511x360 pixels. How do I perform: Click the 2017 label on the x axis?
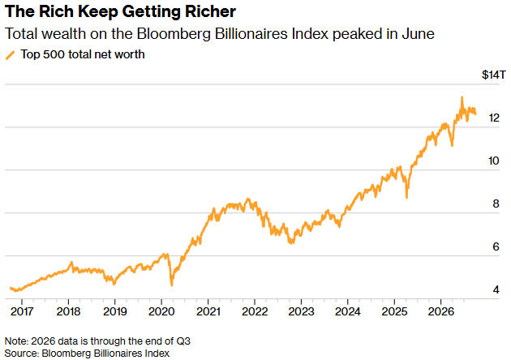pos(22,311)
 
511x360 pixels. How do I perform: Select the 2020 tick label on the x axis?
pos(161,311)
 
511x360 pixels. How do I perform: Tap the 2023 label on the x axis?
pos(301,311)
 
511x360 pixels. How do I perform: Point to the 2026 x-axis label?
pos(440,311)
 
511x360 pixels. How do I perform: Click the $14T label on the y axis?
pos(493,75)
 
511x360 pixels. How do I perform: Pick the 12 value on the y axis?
pos(494,118)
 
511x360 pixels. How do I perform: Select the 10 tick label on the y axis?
pos(494,161)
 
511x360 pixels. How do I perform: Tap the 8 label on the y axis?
pos(496,204)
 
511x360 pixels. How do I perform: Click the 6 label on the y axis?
pos(496,247)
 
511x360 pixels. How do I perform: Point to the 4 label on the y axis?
pos(496,289)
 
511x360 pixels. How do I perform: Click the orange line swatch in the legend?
pos(10,55)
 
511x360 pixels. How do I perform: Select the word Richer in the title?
pos(210,11)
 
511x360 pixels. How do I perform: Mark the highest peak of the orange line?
pos(462,97)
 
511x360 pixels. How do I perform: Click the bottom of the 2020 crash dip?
pos(172,285)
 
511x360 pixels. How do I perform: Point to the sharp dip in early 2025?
pos(406,197)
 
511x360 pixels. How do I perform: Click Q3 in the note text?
pos(183,341)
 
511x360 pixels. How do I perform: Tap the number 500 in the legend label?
pos(54,54)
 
